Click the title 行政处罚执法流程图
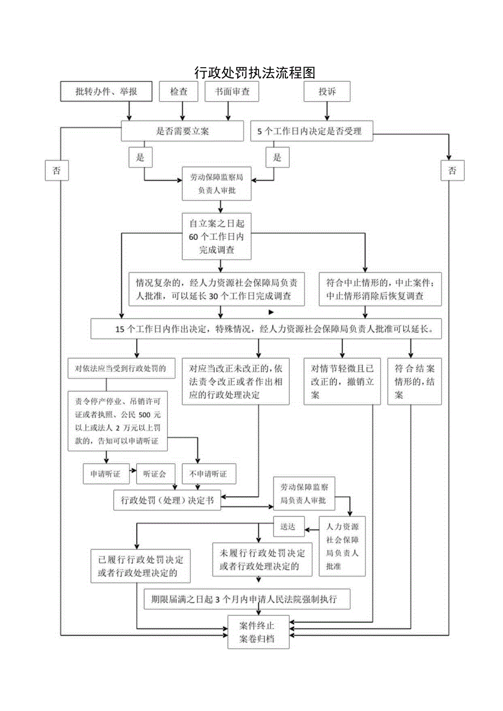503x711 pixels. click(255, 73)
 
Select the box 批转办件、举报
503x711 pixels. click(106, 92)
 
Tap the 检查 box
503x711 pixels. click(178, 92)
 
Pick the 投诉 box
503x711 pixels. click(327, 92)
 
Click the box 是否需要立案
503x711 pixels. click(182, 131)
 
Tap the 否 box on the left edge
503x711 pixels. click(56, 171)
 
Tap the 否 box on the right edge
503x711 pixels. click(452, 171)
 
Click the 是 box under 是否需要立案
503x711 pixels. click(141, 157)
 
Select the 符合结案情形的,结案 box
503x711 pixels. click(414, 381)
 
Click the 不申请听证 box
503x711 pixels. click(208, 474)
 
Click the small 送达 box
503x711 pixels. click(288, 527)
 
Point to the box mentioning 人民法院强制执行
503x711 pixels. click(247, 599)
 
